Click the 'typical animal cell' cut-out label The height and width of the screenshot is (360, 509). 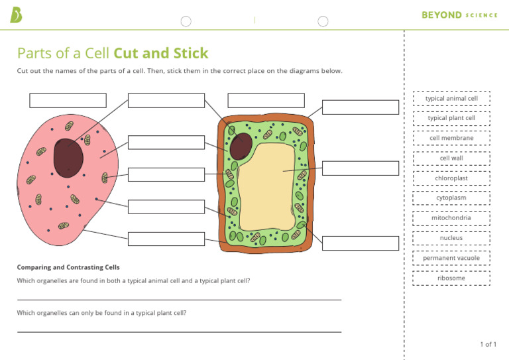(x=451, y=99)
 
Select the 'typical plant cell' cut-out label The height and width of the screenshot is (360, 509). (x=451, y=119)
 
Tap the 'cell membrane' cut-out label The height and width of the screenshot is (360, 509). (x=451, y=139)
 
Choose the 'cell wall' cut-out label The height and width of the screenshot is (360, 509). (x=451, y=158)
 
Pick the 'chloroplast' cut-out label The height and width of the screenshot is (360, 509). (x=451, y=178)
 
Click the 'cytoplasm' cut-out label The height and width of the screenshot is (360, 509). (x=451, y=198)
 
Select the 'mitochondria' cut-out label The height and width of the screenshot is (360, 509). (x=451, y=218)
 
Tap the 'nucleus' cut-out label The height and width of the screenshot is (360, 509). (x=451, y=238)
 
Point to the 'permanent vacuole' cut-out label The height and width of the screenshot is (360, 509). (x=451, y=258)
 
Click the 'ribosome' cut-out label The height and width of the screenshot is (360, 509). (x=451, y=278)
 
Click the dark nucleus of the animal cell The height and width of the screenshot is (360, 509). (x=68, y=158)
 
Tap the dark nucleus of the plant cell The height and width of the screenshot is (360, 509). (x=241, y=146)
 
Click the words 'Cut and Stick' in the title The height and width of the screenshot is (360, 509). (x=161, y=54)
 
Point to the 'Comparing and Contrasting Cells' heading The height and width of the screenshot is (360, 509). (x=68, y=267)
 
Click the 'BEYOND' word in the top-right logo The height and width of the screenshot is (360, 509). (x=441, y=15)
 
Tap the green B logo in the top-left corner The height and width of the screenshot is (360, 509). (x=16, y=15)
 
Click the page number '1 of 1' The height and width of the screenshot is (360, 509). (x=488, y=344)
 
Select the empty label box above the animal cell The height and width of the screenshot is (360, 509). (x=68, y=100)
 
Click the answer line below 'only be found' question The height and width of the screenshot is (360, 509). (x=179, y=331)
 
